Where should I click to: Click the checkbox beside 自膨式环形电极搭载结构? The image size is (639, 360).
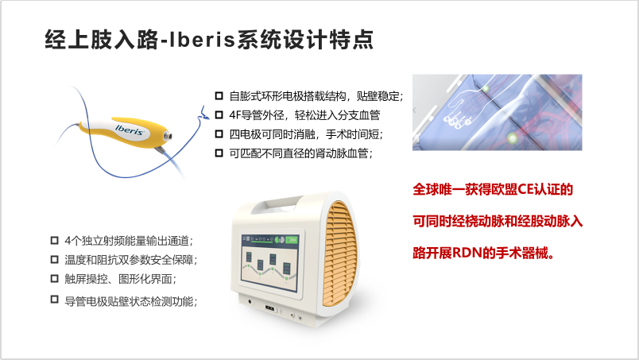[x=219, y=96]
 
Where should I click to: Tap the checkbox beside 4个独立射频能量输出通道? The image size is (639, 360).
[x=54, y=239]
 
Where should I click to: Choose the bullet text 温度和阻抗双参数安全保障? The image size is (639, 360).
[x=130, y=259]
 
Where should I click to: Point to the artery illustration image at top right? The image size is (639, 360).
[x=497, y=112]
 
